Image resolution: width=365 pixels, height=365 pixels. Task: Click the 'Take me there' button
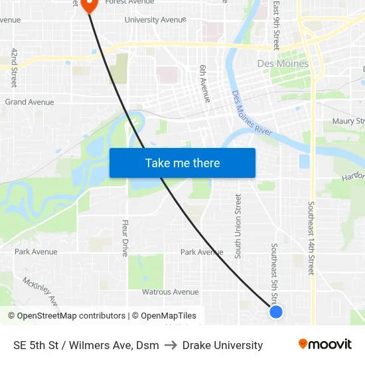tap(183, 163)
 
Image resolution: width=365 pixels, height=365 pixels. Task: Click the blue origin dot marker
tap(276, 311)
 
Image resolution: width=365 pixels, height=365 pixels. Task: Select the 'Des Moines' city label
tap(283, 64)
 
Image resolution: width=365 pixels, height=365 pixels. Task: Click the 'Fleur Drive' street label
tap(124, 238)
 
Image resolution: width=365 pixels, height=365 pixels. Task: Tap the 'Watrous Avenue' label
tap(170, 291)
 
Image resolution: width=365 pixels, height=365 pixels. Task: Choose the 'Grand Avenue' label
tap(29, 102)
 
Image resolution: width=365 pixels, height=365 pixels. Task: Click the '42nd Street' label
tap(13, 68)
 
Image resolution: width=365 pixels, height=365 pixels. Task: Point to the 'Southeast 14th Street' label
tap(310, 238)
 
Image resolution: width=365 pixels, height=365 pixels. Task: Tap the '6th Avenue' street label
tap(205, 84)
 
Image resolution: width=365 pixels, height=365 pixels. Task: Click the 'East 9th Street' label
tap(276, 25)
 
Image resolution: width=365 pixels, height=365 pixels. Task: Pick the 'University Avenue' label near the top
tap(155, 20)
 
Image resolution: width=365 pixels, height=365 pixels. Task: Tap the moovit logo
tap(325, 344)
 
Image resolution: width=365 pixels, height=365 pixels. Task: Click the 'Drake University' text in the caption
tap(222, 345)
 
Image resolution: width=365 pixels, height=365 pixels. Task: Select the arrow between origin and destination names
tap(171, 345)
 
